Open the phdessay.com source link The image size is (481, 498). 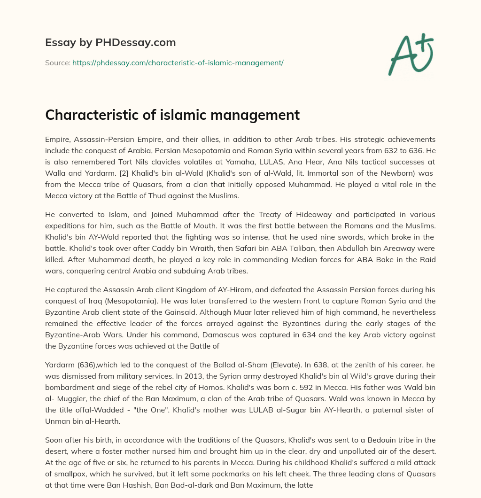click(178, 62)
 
